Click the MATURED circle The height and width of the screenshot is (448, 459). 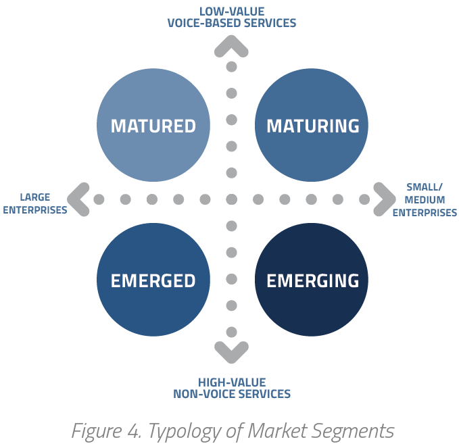(153, 125)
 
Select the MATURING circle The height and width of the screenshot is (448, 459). (312, 125)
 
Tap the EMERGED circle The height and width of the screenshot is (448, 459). (153, 280)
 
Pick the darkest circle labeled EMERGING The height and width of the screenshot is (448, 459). (312, 280)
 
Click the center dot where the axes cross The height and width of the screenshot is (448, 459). (232, 199)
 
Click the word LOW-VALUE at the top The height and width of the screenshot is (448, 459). (232, 11)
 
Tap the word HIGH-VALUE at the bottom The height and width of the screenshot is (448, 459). (232, 382)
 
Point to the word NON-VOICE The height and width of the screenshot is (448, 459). (203, 394)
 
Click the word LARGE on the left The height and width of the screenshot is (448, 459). (35, 197)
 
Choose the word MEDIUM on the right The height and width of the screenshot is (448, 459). (425, 200)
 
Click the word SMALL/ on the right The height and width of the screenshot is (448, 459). (425, 187)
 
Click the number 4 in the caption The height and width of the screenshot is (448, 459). (134, 431)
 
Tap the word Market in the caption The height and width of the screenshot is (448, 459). (278, 430)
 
